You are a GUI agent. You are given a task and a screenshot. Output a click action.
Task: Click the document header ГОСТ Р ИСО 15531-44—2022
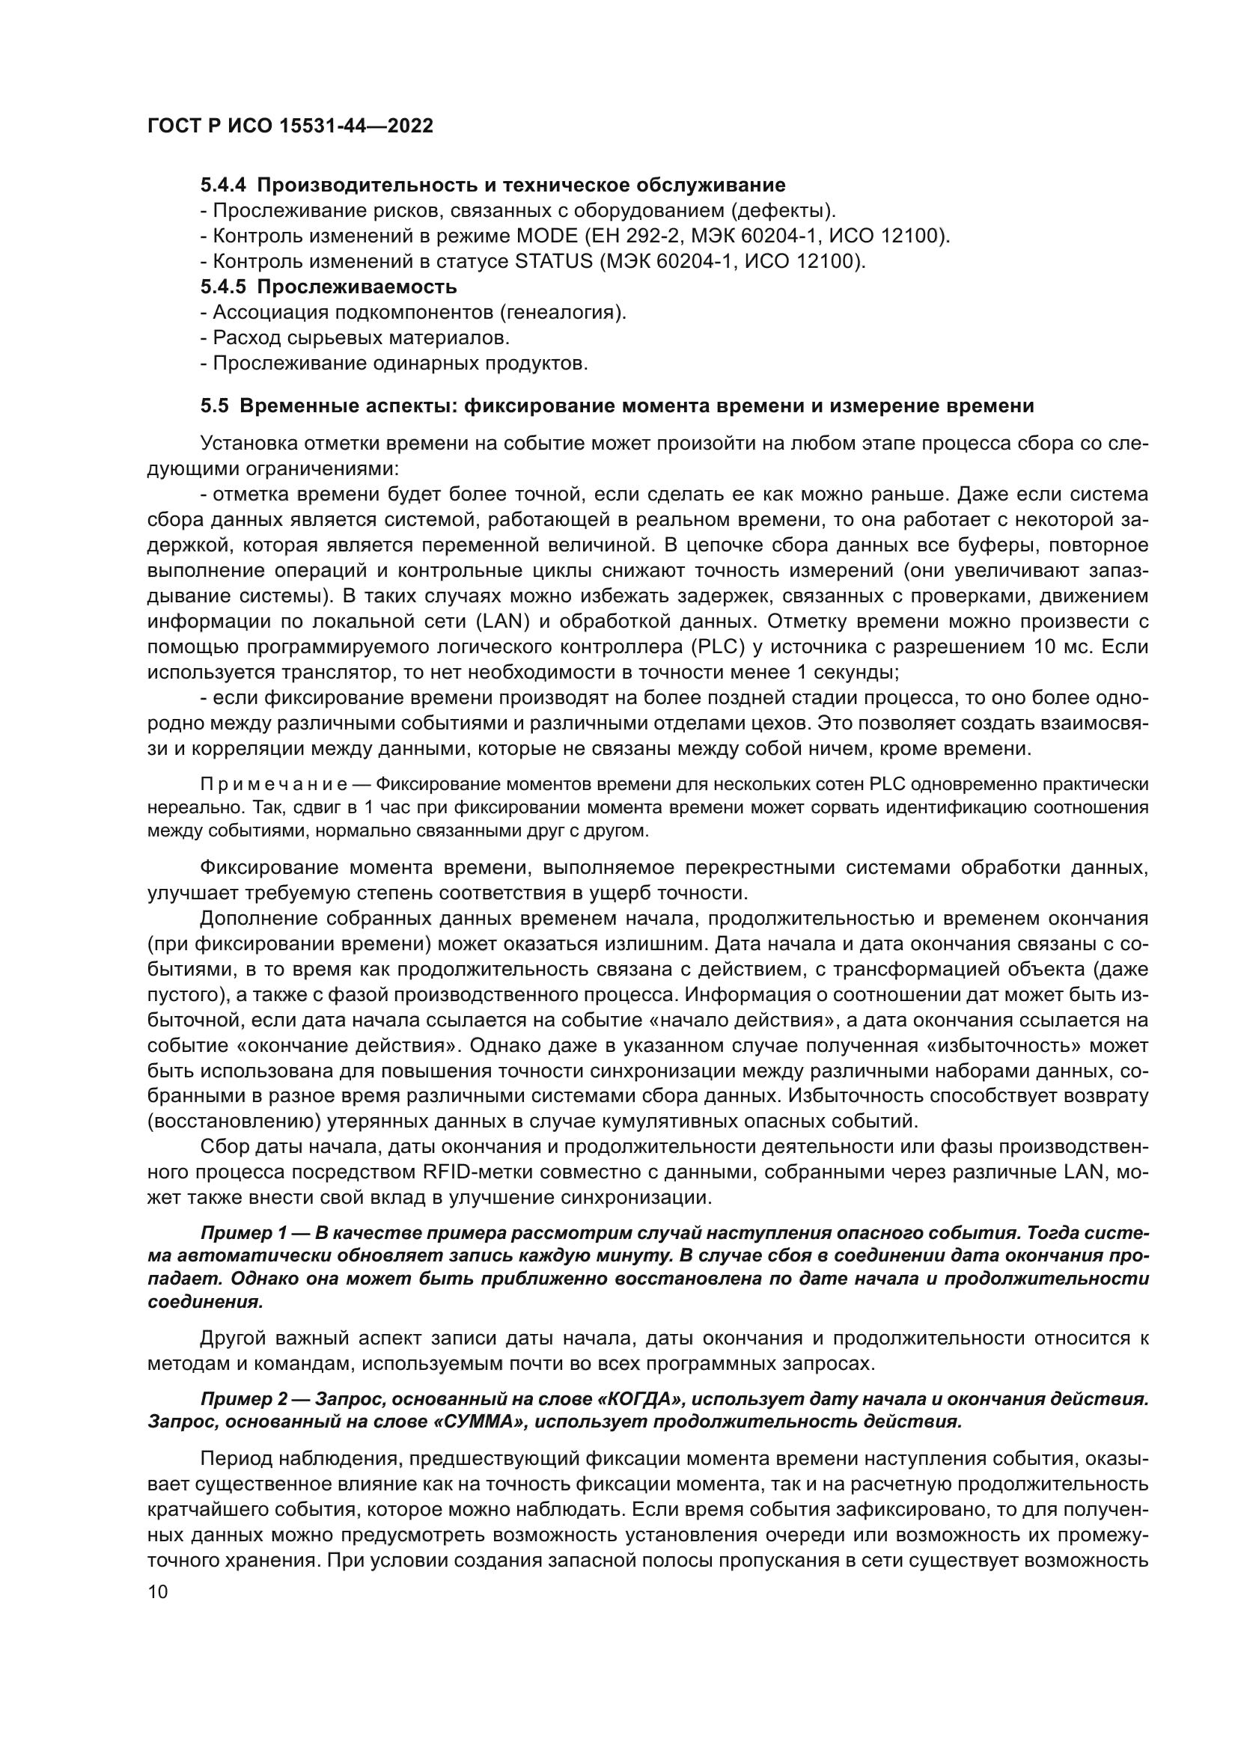pyautogui.click(x=290, y=126)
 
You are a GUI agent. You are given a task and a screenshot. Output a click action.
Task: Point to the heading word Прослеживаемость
pyautogui.click(x=357, y=287)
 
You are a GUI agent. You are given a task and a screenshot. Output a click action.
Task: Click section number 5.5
pyautogui.click(x=214, y=406)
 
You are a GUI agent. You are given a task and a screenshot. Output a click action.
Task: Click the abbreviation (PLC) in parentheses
pyautogui.click(x=718, y=648)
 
